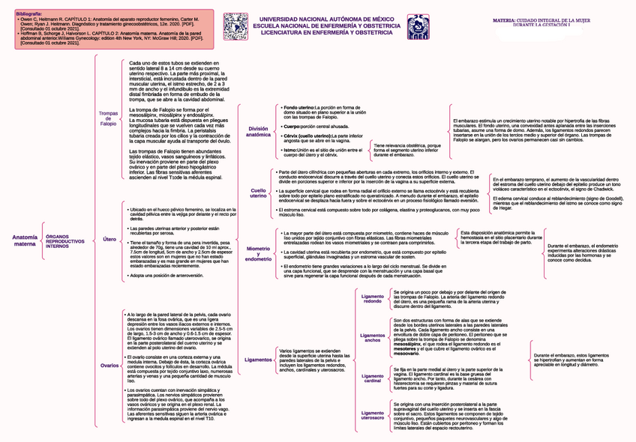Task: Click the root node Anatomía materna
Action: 24,240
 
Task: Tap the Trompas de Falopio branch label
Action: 109,118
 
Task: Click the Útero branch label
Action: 109,239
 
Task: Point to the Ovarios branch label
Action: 109,365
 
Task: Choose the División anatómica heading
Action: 258,132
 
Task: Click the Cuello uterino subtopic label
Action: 258,193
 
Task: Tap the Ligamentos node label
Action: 258,360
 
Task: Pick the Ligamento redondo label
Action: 372,299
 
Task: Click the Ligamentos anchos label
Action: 372,337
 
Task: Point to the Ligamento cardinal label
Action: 372,378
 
